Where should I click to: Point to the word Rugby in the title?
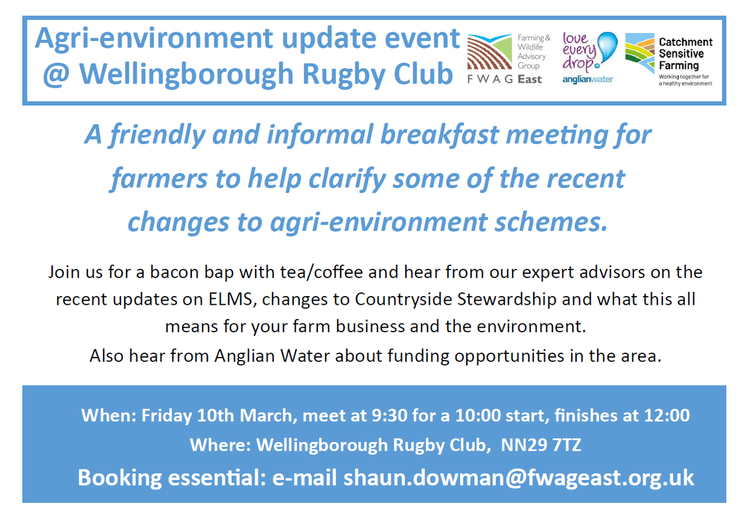(343, 75)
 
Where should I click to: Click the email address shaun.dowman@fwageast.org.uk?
(519, 477)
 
